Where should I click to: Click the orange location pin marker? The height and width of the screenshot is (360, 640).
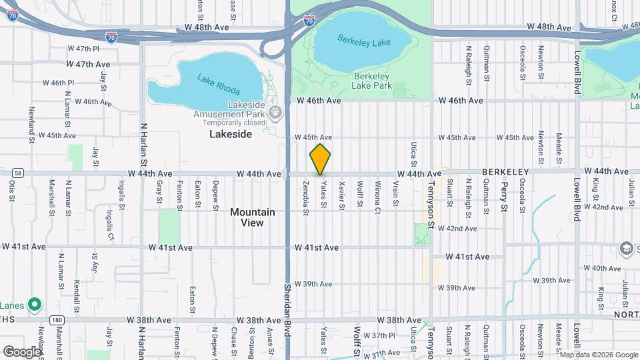[320, 159]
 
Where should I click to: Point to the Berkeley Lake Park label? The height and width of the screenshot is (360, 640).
[372, 81]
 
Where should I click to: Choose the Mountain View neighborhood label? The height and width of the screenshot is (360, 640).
[253, 217]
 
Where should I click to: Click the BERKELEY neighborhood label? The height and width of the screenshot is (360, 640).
[505, 172]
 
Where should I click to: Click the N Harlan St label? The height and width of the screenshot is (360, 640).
[143, 143]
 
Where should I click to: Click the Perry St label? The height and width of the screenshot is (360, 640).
[504, 196]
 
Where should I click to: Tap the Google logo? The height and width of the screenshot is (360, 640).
[22, 351]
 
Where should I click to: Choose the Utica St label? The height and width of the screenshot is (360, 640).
[413, 154]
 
